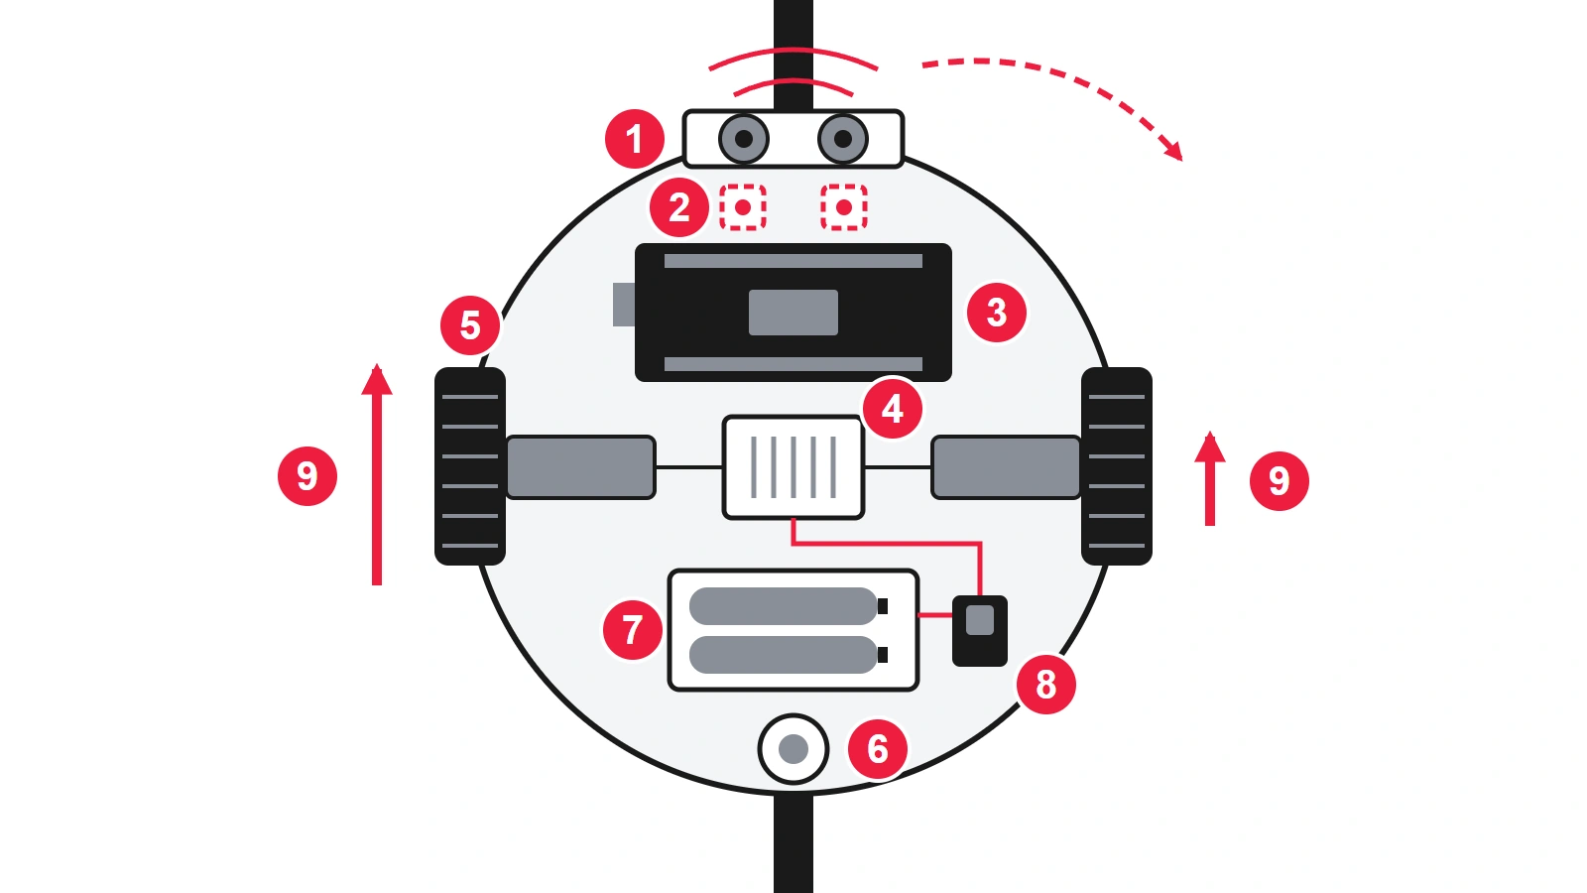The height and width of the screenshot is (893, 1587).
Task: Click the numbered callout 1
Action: point(634,139)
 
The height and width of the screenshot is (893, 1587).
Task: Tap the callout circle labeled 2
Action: point(678,207)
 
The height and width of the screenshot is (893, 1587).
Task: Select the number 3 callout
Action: point(996,313)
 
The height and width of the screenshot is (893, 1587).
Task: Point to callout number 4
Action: point(892,409)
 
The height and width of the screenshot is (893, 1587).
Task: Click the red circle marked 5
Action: point(470,325)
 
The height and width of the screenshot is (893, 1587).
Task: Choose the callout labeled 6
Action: point(877,749)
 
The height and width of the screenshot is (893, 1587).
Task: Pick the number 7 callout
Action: point(632,629)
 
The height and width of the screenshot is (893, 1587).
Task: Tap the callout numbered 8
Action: point(1045,685)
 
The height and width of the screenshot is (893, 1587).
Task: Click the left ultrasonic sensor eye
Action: point(743,139)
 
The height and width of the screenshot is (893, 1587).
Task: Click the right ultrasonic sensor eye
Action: point(842,139)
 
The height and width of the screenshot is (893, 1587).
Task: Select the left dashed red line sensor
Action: point(743,207)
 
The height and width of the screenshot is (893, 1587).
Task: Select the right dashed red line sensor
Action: point(844,207)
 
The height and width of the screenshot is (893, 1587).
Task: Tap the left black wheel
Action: point(470,465)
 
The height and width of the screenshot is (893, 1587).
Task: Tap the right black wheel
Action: point(1117,465)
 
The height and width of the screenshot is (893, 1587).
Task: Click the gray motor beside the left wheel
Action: point(581,467)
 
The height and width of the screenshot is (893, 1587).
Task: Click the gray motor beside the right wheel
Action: point(1006,467)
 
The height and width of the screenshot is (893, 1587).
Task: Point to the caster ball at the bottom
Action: point(793,749)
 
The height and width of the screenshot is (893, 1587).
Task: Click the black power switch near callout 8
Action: point(980,631)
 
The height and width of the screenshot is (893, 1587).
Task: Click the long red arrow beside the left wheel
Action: point(377,475)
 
